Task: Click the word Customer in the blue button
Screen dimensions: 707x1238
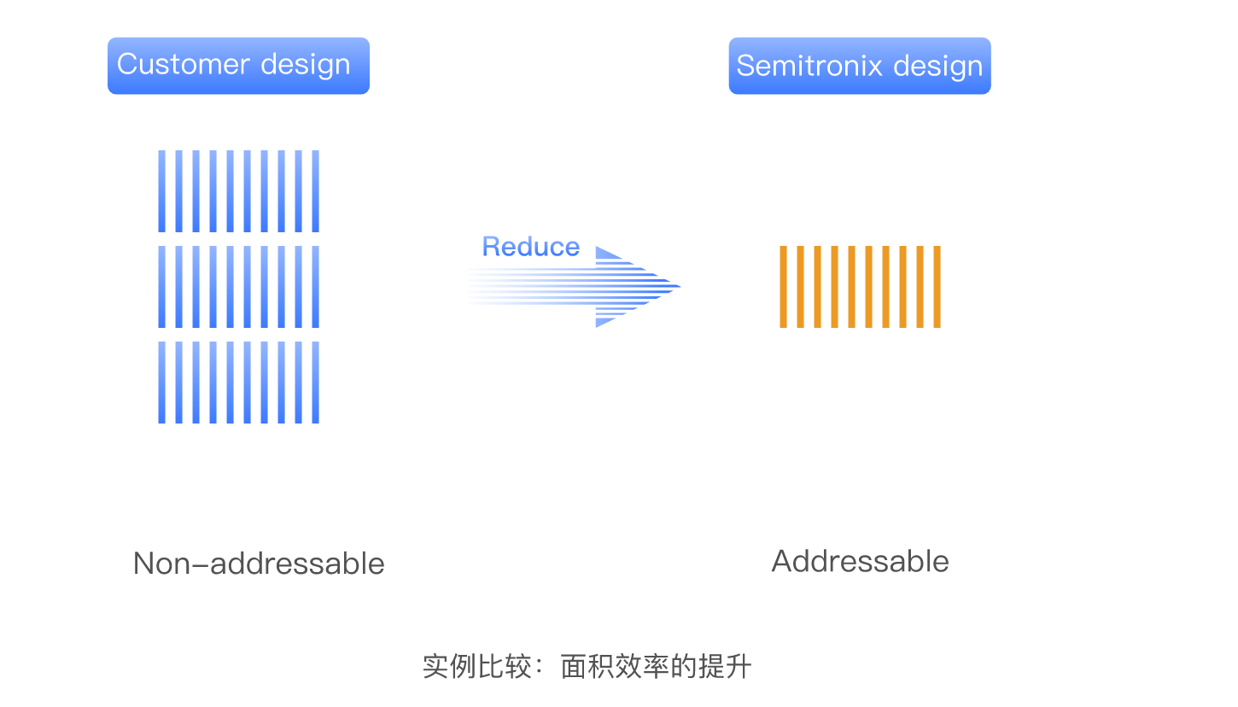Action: pos(183,65)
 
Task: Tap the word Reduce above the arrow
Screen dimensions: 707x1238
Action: pos(531,247)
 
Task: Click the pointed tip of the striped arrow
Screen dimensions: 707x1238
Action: pos(680,287)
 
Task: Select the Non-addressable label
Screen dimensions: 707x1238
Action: pos(259,564)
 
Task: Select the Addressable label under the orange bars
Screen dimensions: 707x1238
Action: pos(860,562)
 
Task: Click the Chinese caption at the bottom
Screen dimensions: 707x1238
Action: pos(587,667)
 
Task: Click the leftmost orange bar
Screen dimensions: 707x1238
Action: pos(783,287)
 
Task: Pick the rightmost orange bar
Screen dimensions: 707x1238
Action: pos(937,287)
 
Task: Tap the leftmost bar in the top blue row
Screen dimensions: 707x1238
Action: pos(161,191)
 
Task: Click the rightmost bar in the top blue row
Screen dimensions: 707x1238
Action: pos(315,191)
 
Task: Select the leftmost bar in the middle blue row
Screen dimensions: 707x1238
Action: pos(161,287)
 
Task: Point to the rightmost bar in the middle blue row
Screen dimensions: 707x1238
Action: pos(315,287)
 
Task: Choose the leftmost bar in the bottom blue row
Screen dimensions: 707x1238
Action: pos(161,383)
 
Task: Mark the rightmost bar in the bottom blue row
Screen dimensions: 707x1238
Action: pos(315,383)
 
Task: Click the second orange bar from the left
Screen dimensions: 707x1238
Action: pos(800,287)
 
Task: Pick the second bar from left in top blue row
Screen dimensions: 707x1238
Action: pos(178,191)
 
